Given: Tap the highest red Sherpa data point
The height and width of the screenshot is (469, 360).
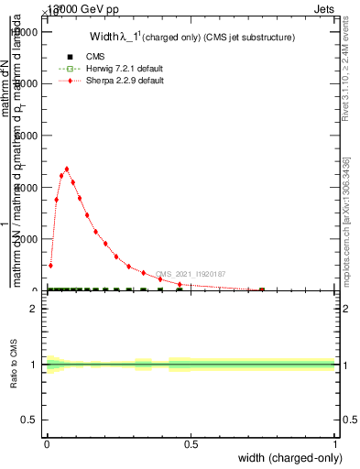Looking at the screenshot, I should click(67, 169).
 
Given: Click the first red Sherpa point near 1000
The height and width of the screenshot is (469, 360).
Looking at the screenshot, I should click(50, 265).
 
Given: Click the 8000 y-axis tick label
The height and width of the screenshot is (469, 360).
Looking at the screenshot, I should click(32, 83).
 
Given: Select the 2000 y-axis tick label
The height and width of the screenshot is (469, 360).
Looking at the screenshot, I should click(32, 239).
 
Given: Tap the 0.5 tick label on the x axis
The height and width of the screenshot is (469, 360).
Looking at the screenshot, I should click(191, 445).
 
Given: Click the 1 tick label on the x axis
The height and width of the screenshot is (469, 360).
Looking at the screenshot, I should click(335, 445).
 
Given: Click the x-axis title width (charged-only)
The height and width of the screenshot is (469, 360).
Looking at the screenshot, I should click(286, 458).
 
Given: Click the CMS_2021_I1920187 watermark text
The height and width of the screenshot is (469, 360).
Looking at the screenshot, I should click(190, 274).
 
